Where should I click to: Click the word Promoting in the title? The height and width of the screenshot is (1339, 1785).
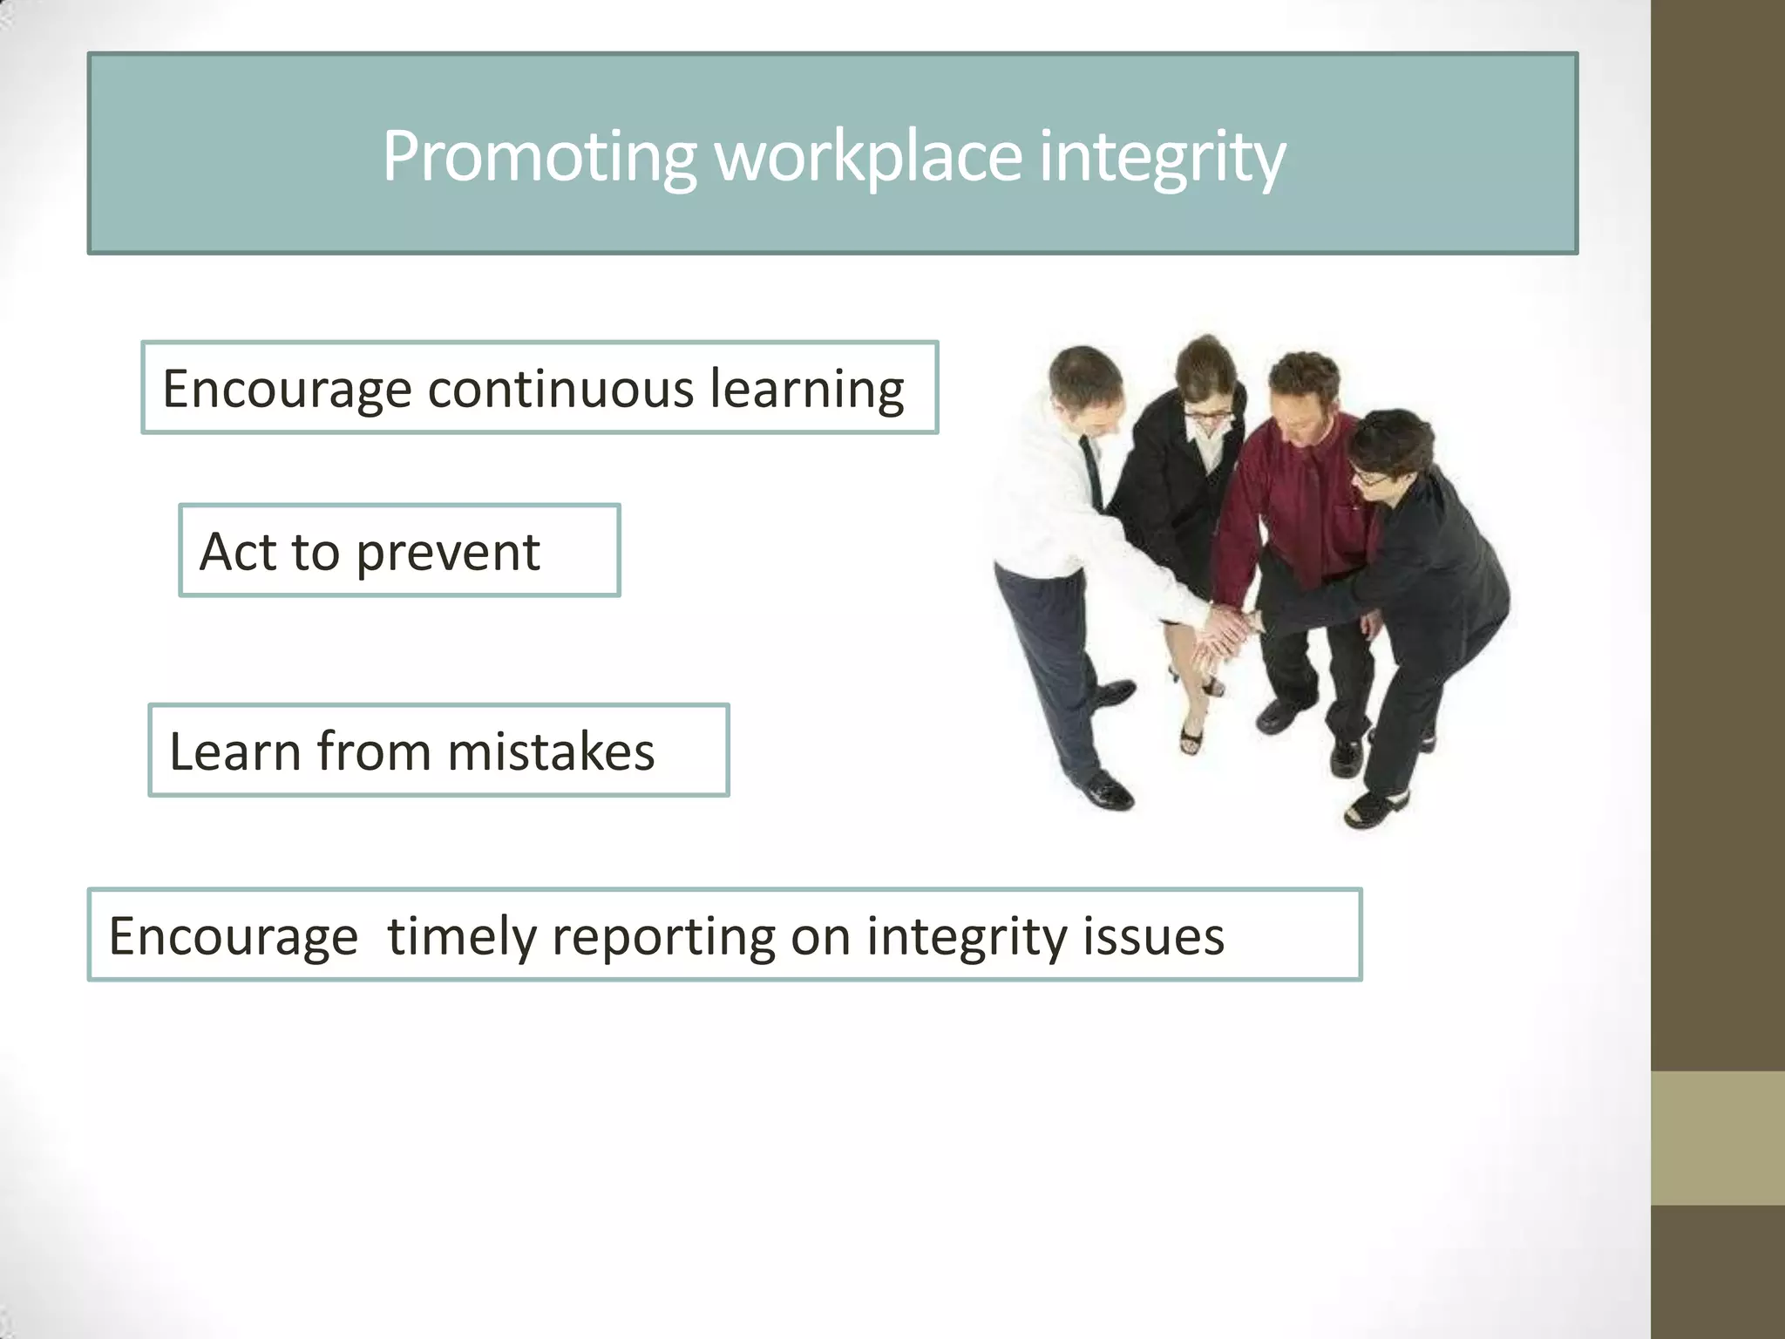coord(539,157)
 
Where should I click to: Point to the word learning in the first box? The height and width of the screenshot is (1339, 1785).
coord(807,390)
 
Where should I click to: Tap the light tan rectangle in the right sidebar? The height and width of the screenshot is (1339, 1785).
coord(1717,1138)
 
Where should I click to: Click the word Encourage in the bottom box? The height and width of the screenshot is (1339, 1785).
coord(234,936)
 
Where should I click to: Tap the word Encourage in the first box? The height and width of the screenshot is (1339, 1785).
coord(287,390)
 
